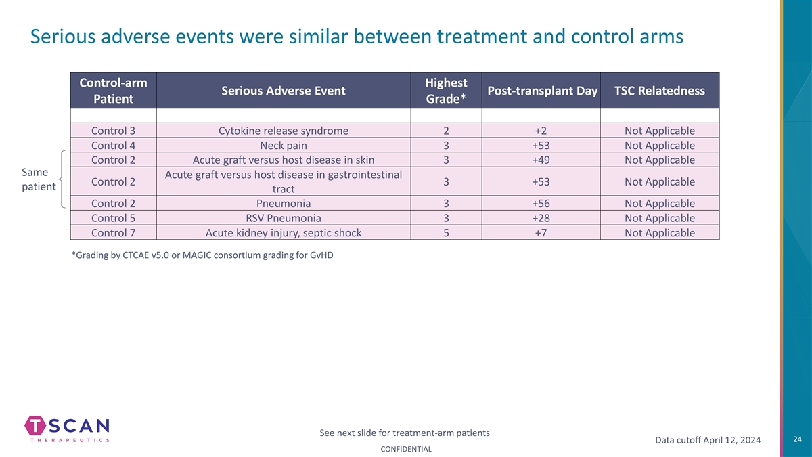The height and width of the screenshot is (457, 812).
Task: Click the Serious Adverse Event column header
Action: [x=284, y=90]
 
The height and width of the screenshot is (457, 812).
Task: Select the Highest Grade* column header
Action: [x=446, y=90]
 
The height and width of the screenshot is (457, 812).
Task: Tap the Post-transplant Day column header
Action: [x=541, y=90]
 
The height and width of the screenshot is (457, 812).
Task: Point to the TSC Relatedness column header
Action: [x=660, y=90]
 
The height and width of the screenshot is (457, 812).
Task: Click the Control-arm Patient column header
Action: [x=114, y=90]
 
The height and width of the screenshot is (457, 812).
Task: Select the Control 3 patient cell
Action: [x=114, y=131]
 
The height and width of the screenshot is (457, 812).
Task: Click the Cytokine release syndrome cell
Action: [x=284, y=131]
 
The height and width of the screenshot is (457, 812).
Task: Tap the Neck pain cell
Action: [x=284, y=145]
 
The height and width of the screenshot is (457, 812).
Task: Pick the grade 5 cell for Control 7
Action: [x=446, y=232]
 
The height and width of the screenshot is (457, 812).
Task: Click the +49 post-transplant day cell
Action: [x=541, y=160]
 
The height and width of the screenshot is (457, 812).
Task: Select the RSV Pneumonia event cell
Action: [x=284, y=218]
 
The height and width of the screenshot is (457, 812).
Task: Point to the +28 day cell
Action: [x=541, y=218]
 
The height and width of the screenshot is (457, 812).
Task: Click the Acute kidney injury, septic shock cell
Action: [x=284, y=232]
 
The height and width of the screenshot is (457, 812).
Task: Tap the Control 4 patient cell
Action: [x=114, y=145]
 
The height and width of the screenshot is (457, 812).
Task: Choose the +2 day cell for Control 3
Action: [x=541, y=131]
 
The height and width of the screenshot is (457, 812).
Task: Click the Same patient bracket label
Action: [x=39, y=179]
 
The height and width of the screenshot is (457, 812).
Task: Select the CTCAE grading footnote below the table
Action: [x=202, y=255]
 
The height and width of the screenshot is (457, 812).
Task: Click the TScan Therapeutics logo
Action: [x=67, y=429]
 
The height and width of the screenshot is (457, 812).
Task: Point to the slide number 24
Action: [x=798, y=439]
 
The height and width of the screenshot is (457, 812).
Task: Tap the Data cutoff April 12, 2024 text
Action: [x=708, y=440]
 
